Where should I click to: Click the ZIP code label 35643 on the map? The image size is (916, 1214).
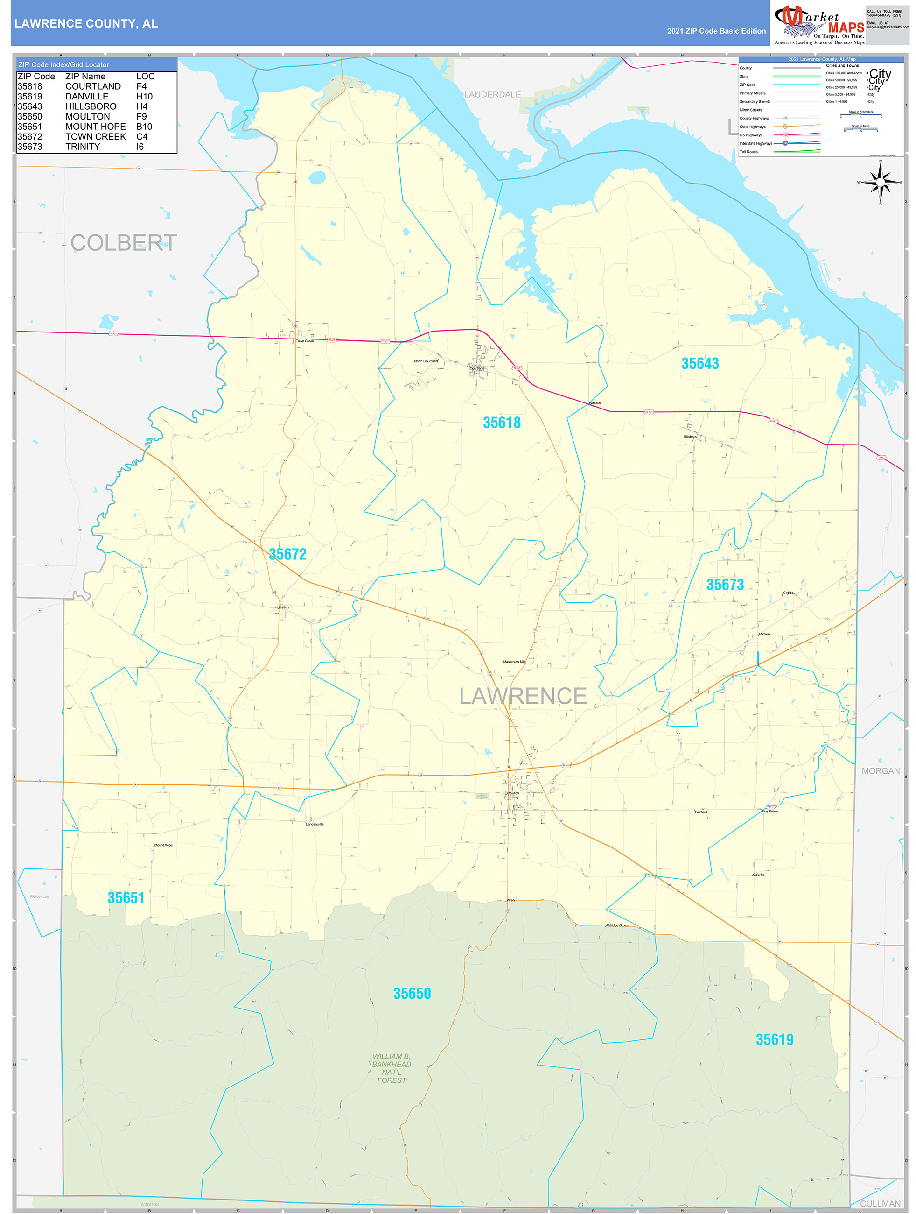pyautogui.click(x=699, y=363)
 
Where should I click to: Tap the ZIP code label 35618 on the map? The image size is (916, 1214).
pyautogui.click(x=501, y=423)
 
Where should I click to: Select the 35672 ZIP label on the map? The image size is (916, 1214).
pyautogui.click(x=287, y=554)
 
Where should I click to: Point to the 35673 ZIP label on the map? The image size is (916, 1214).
pyautogui.click(x=725, y=585)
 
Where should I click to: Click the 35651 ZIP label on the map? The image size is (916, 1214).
pyautogui.click(x=126, y=898)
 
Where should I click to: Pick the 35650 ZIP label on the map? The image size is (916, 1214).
pyautogui.click(x=412, y=993)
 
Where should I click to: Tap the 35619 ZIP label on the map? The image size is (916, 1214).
pyautogui.click(x=774, y=1039)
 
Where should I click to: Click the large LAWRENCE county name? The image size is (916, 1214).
pyautogui.click(x=522, y=696)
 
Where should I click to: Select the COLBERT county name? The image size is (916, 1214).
pyautogui.click(x=123, y=243)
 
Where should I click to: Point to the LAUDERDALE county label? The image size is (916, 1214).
pyautogui.click(x=492, y=94)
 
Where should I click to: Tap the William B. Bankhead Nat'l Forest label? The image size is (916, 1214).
pyautogui.click(x=391, y=1068)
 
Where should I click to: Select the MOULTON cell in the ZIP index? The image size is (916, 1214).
pyautogui.click(x=88, y=116)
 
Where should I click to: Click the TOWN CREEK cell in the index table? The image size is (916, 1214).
pyautogui.click(x=96, y=137)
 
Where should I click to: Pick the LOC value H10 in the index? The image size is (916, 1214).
pyautogui.click(x=144, y=97)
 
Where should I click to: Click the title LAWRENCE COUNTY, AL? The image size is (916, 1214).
pyautogui.click(x=86, y=24)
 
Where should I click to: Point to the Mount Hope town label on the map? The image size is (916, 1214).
pyautogui.click(x=163, y=845)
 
